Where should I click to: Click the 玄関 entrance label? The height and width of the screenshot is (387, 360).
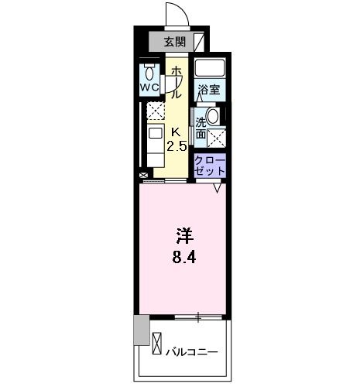pos(174,42)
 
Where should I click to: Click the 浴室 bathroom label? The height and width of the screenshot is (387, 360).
pos(208,89)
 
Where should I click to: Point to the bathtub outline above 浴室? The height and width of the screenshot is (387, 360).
pos(209,67)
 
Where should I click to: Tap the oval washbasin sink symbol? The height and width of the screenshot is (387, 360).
pos(213,116)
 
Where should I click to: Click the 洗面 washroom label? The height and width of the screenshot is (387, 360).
pos(201,127)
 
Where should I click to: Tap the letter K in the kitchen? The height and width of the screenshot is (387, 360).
pos(176,132)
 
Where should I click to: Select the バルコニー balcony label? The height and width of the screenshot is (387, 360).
pos(191,352)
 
